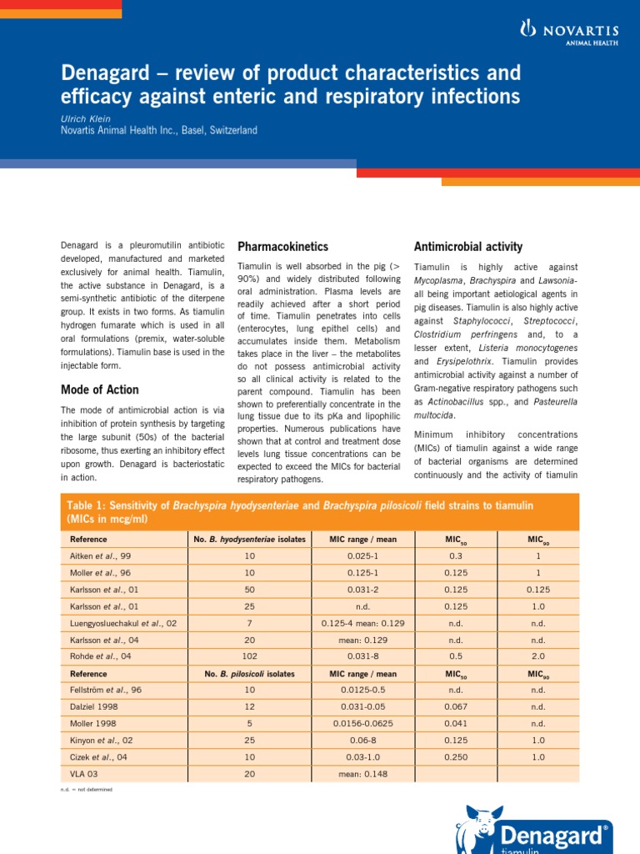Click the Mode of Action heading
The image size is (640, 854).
[x=100, y=389]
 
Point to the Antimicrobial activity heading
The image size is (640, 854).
[x=467, y=247]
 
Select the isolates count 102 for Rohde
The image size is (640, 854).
[x=249, y=656]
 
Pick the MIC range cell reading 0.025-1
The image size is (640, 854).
[x=362, y=555]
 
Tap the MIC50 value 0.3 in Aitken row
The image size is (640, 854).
[x=455, y=555]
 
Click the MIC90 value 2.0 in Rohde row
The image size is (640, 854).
[x=538, y=656]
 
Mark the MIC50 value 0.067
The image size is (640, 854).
[x=455, y=706]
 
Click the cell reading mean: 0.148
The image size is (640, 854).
[x=362, y=774]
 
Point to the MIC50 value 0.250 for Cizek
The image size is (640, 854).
[x=455, y=757]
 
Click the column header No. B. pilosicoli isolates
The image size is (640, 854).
[x=249, y=673]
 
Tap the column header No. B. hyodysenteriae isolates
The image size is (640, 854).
[x=249, y=539]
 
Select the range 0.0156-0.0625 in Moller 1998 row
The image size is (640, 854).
[x=362, y=723]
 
